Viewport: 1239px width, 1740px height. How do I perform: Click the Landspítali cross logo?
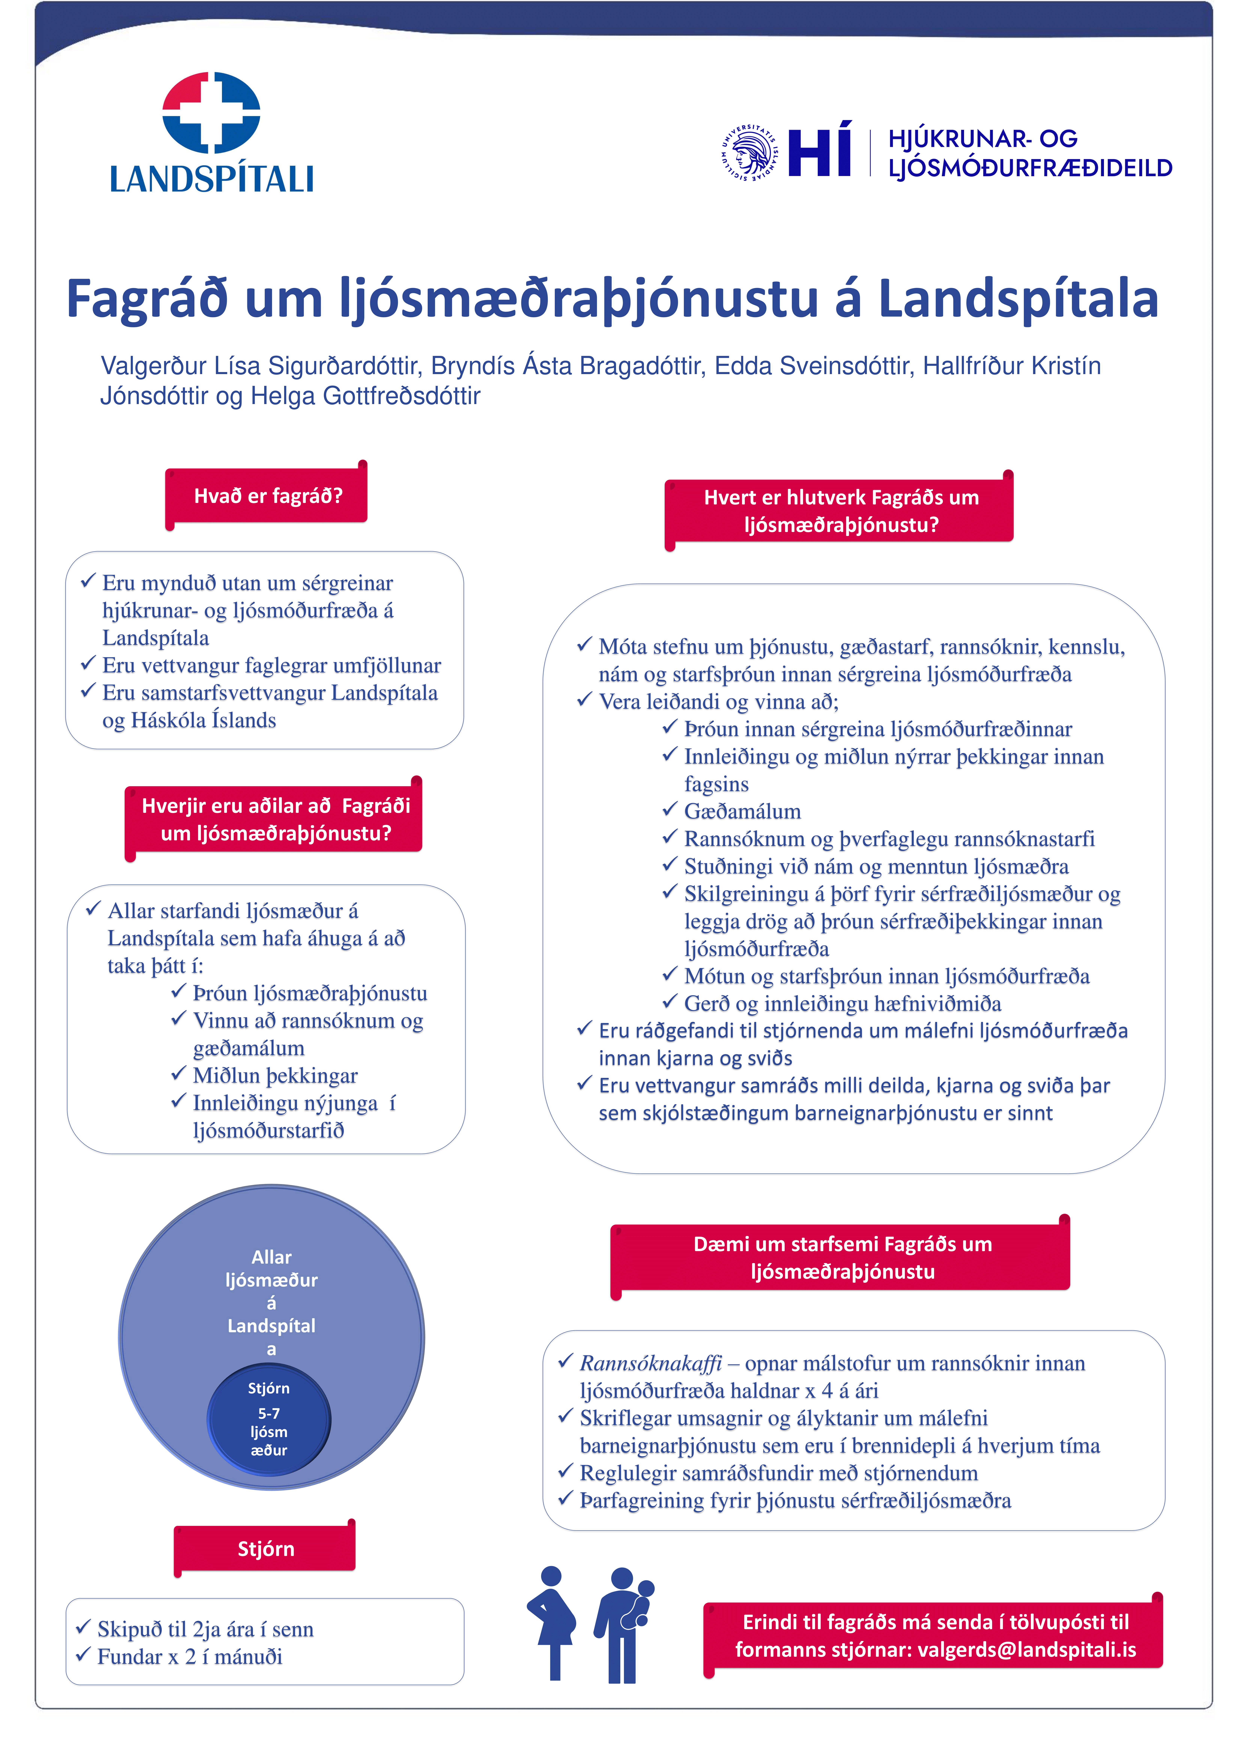[211, 113]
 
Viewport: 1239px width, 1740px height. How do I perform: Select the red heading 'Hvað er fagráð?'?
[268, 496]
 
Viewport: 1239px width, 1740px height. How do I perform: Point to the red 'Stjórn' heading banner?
[266, 1549]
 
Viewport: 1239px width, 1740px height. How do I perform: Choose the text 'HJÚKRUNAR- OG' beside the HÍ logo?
[983, 139]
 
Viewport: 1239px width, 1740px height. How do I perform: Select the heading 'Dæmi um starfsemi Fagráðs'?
[842, 1244]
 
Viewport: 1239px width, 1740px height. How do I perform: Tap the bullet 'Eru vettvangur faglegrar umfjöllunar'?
[272, 666]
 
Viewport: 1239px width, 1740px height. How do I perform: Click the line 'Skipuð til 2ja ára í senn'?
[205, 1630]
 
